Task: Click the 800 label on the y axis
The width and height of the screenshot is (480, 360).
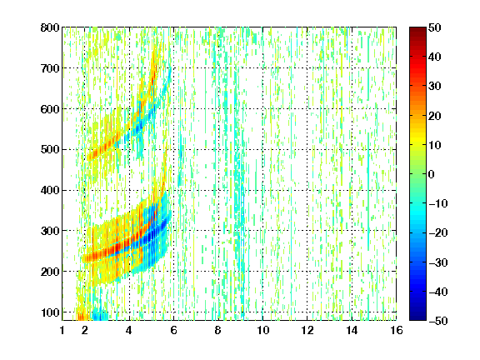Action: coord(50,27)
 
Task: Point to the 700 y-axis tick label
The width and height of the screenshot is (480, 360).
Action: coord(50,68)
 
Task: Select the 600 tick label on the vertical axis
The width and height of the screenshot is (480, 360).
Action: coord(50,109)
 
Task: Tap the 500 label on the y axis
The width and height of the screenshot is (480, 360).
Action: coord(50,150)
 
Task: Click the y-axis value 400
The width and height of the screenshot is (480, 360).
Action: coord(50,191)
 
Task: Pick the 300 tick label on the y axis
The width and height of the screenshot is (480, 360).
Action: coord(50,231)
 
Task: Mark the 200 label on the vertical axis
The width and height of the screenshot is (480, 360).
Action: coord(50,272)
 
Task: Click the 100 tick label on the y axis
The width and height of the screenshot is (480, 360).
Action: coord(50,312)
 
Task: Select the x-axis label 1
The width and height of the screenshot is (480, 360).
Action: coord(62,330)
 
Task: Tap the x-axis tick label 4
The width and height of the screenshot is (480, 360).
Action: coord(129,330)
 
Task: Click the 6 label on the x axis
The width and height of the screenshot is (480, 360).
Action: coord(173,330)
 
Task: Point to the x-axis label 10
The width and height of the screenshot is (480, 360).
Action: coord(262,330)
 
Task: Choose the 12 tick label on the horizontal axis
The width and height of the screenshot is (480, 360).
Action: coord(307,330)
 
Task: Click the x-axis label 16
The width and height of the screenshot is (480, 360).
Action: coord(397,330)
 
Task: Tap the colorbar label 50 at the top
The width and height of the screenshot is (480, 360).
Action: coord(434,27)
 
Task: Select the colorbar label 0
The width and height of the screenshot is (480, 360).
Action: coord(432,174)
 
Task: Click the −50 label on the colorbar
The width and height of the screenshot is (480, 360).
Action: coord(438,321)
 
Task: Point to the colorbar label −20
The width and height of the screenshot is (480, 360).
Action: coord(438,233)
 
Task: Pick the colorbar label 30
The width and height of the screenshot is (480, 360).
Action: coord(434,87)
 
